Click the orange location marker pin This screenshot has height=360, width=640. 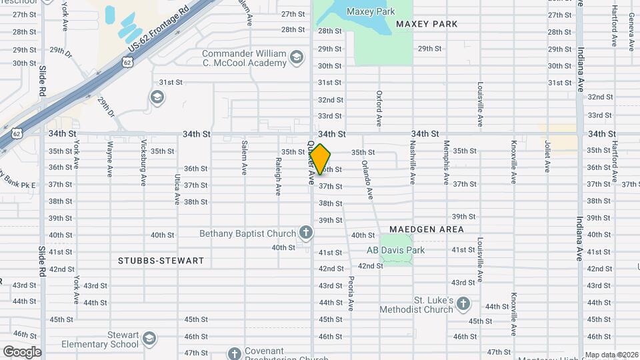(320, 159)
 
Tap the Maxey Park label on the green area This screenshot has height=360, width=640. (370, 11)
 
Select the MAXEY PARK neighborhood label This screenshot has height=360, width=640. (427, 24)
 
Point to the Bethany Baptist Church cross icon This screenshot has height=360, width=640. (306, 233)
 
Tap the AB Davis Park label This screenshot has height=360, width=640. (395, 251)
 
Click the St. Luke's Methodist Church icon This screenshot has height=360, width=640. (463, 305)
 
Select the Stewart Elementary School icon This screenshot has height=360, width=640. (150, 339)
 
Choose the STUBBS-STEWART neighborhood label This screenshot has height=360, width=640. (161, 261)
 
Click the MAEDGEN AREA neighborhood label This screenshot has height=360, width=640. (426, 229)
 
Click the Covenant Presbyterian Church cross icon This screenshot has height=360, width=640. (235, 353)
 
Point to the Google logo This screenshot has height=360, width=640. (22, 351)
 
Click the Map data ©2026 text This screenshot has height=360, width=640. (611, 355)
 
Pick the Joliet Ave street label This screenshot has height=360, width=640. (547, 157)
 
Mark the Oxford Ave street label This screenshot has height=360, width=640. (379, 109)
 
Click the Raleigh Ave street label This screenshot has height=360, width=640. (278, 177)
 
